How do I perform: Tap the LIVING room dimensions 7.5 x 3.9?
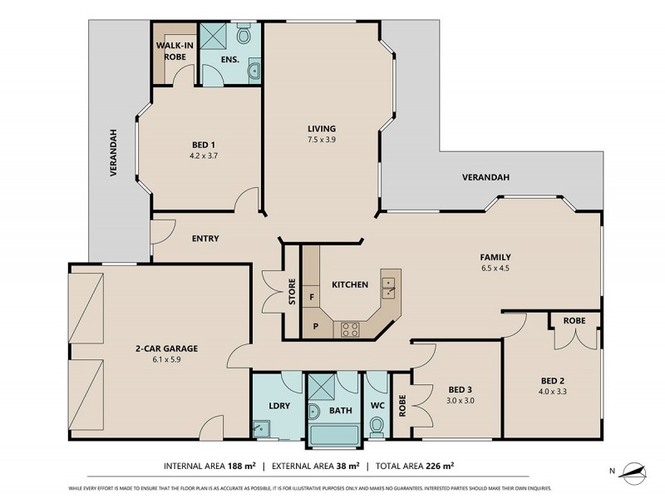pos(321,140)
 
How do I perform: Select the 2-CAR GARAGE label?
pos(166,348)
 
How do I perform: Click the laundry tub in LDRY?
pos(263,429)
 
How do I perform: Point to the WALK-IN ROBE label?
pos(175,52)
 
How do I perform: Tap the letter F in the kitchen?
pos(312,297)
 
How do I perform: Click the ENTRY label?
pos(205,239)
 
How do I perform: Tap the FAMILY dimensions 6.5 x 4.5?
pos(495,269)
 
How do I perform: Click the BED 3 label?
pos(461,390)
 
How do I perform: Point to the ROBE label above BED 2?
pos(574,320)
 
